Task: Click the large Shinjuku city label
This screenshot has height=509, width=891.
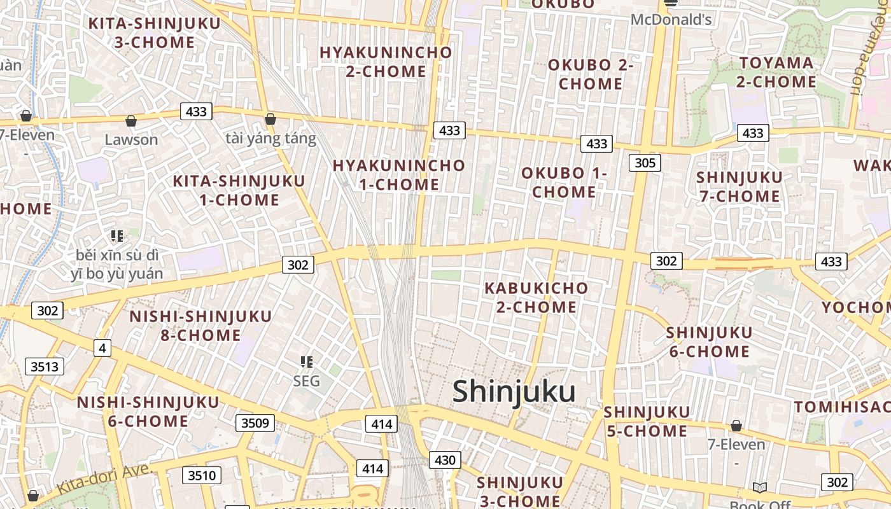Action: (x=514, y=392)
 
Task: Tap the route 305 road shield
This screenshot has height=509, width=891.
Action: (x=645, y=163)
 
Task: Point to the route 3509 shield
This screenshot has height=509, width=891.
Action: (x=255, y=423)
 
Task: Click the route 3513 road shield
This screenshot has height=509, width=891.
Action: (x=45, y=366)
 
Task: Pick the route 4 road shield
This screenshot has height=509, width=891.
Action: (x=102, y=348)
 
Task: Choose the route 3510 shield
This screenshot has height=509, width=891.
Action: (x=202, y=475)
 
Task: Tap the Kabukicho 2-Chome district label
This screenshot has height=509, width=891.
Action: (x=536, y=297)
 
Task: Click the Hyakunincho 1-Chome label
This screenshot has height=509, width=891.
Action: (x=399, y=175)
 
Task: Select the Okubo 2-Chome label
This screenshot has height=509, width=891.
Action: (x=591, y=74)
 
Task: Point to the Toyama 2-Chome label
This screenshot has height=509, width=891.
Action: (x=776, y=73)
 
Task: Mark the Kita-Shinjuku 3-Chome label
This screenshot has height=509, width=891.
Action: (x=154, y=33)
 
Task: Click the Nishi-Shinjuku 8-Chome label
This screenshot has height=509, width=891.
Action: (x=200, y=325)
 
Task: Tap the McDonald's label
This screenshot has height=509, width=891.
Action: (x=671, y=20)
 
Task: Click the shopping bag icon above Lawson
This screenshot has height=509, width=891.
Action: (x=131, y=120)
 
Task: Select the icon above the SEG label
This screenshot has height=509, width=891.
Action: (x=307, y=362)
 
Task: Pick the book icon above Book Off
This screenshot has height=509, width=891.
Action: (x=760, y=487)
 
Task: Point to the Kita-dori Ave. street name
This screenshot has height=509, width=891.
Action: (x=105, y=479)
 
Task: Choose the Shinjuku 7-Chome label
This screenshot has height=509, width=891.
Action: (x=739, y=186)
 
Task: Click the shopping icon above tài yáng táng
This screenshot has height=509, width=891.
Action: (x=270, y=119)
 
